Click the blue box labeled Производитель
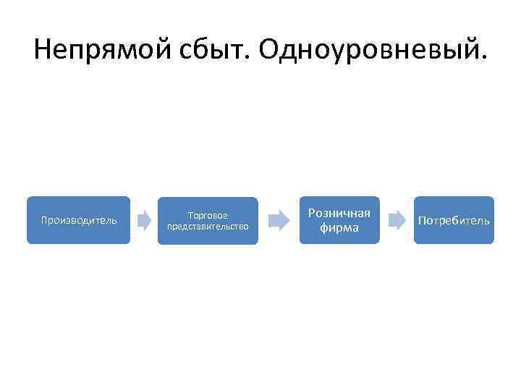coord(79,220)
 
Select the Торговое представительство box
coord(208,221)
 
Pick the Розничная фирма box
coord(339,220)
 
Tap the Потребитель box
coord(454,220)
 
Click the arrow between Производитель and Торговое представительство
coord(144,219)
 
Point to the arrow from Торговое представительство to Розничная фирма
coord(277,220)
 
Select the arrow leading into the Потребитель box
coord(397,220)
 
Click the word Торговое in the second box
coord(208,216)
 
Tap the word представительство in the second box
coord(208,227)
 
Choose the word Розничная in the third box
coord(339,213)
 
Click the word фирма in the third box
coord(339,227)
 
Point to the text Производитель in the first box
coord(79,220)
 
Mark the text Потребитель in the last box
coord(454,220)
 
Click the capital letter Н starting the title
coord(43,50)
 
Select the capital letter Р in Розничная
coord(312,213)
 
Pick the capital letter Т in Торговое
coord(190,216)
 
